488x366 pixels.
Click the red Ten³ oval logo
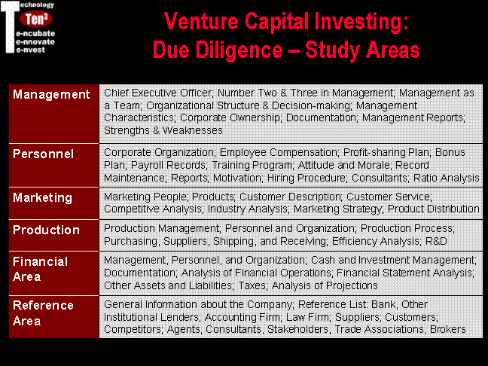coord(36,19)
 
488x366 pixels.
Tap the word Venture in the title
coord(201,22)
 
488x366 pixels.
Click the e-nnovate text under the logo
coord(35,41)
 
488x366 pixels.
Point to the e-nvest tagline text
coord(30,50)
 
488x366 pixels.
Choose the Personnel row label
coord(43,154)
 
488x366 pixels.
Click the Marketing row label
coord(43,198)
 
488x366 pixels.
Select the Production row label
coord(46,230)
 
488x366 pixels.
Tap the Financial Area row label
coord(40,269)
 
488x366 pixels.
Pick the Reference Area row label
coord(43,313)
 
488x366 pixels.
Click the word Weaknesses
coord(192,130)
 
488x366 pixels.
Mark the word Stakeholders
coord(297,329)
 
